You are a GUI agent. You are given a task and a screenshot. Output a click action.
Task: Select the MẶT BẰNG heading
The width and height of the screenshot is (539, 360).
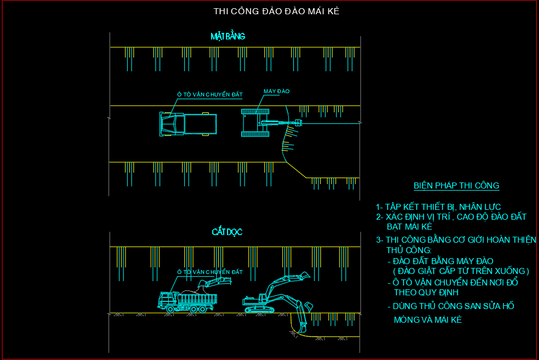pyautogui.click(x=228, y=36)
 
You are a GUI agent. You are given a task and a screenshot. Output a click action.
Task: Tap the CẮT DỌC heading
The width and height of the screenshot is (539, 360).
pyautogui.click(x=227, y=232)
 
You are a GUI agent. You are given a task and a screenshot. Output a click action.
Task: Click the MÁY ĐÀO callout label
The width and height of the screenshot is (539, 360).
pyautogui.click(x=276, y=91)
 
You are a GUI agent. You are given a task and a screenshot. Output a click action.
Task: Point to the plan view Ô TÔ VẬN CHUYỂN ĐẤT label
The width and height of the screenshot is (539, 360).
pyautogui.click(x=209, y=95)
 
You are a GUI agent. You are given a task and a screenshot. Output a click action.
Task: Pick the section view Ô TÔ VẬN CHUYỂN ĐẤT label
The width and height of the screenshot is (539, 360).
pyautogui.click(x=209, y=272)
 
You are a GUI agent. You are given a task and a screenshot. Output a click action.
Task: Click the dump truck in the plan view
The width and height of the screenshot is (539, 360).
pyautogui.click(x=188, y=124)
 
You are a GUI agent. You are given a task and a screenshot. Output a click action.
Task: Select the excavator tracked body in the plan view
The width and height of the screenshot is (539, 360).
pyautogui.click(x=256, y=123)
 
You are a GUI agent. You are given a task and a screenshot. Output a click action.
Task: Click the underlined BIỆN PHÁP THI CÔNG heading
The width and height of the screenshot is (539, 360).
pyautogui.click(x=456, y=185)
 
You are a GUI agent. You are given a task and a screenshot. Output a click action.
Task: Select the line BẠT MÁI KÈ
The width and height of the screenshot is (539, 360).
pyautogui.click(x=410, y=226)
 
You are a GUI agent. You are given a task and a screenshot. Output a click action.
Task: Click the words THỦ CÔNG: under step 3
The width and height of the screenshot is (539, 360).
pyautogui.click(x=409, y=250)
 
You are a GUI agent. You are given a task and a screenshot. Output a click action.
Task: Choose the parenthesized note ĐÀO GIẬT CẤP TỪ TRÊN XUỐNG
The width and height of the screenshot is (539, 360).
pyautogui.click(x=461, y=271)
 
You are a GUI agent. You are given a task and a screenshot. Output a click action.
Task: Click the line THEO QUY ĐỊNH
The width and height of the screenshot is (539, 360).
pyautogui.click(x=427, y=292)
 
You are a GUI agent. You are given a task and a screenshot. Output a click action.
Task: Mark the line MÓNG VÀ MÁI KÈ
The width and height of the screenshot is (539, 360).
pyautogui.click(x=428, y=319)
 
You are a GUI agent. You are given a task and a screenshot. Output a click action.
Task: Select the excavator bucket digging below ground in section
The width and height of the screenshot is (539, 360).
pyautogui.click(x=300, y=327)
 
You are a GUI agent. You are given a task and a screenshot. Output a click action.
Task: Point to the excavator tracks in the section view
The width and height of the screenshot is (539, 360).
pyautogui.click(x=259, y=310)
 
